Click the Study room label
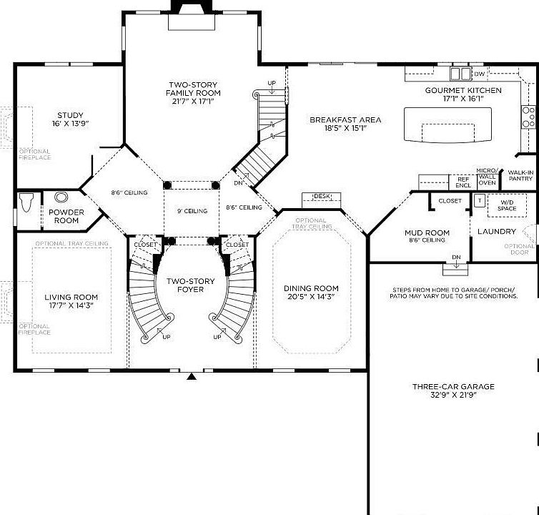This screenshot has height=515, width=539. (x=70, y=115)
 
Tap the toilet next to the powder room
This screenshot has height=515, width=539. (x=28, y=202)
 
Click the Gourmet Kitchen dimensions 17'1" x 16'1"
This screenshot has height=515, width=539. (x=463, y=99)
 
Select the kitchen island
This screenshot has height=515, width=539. (x=448, y=126)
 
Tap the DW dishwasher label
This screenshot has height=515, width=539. (x=479, y=74)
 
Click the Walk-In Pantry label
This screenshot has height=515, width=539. (x=520, y=175)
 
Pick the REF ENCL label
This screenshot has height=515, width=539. (x=463, y=182)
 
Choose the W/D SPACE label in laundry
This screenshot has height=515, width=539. (x=506, y=205)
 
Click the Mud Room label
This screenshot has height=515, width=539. (x=427, y=232)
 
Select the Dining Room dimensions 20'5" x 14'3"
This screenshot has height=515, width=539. (x=310, y=295)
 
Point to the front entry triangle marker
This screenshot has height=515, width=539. (x=191, y=376)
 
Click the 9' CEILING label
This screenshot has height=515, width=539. (x=192, y=211)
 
